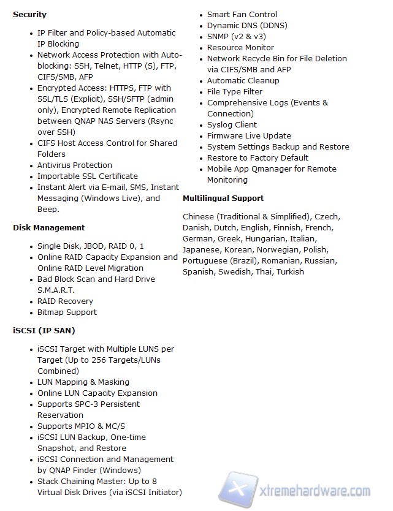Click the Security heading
pyautogui.click(x=29, y=14)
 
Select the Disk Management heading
pyautogui.click(x=48, y=227)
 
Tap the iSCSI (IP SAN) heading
pyautogui.click(x=44, y=330)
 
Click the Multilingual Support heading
pyautogui.click(x=223, y=198)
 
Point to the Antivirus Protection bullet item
pyautogui.click(x=75, y=165)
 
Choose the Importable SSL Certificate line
pyautogui.click(x=88, y=176)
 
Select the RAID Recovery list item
pyautogui.click(x=65, y=301)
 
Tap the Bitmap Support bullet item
pyautogui.click(x=67, y=312)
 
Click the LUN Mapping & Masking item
pyautogui.click(x=83, y=382)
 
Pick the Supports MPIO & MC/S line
pyautogui.click(x=81, y=426)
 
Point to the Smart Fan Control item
pyautogui.click(x=242, y=14)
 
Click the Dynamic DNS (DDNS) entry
pyautogui.click(x=247, y=25)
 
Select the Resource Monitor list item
pyautogui.click(x=240, y=47)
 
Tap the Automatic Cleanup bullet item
pyautogui.click(x=243, y=80)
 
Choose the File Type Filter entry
pyautogui.click(x=235, y=91)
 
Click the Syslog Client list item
pyautogui.click(x=232, y=124)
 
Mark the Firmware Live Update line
pyautogui.click(x=249, y=135)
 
